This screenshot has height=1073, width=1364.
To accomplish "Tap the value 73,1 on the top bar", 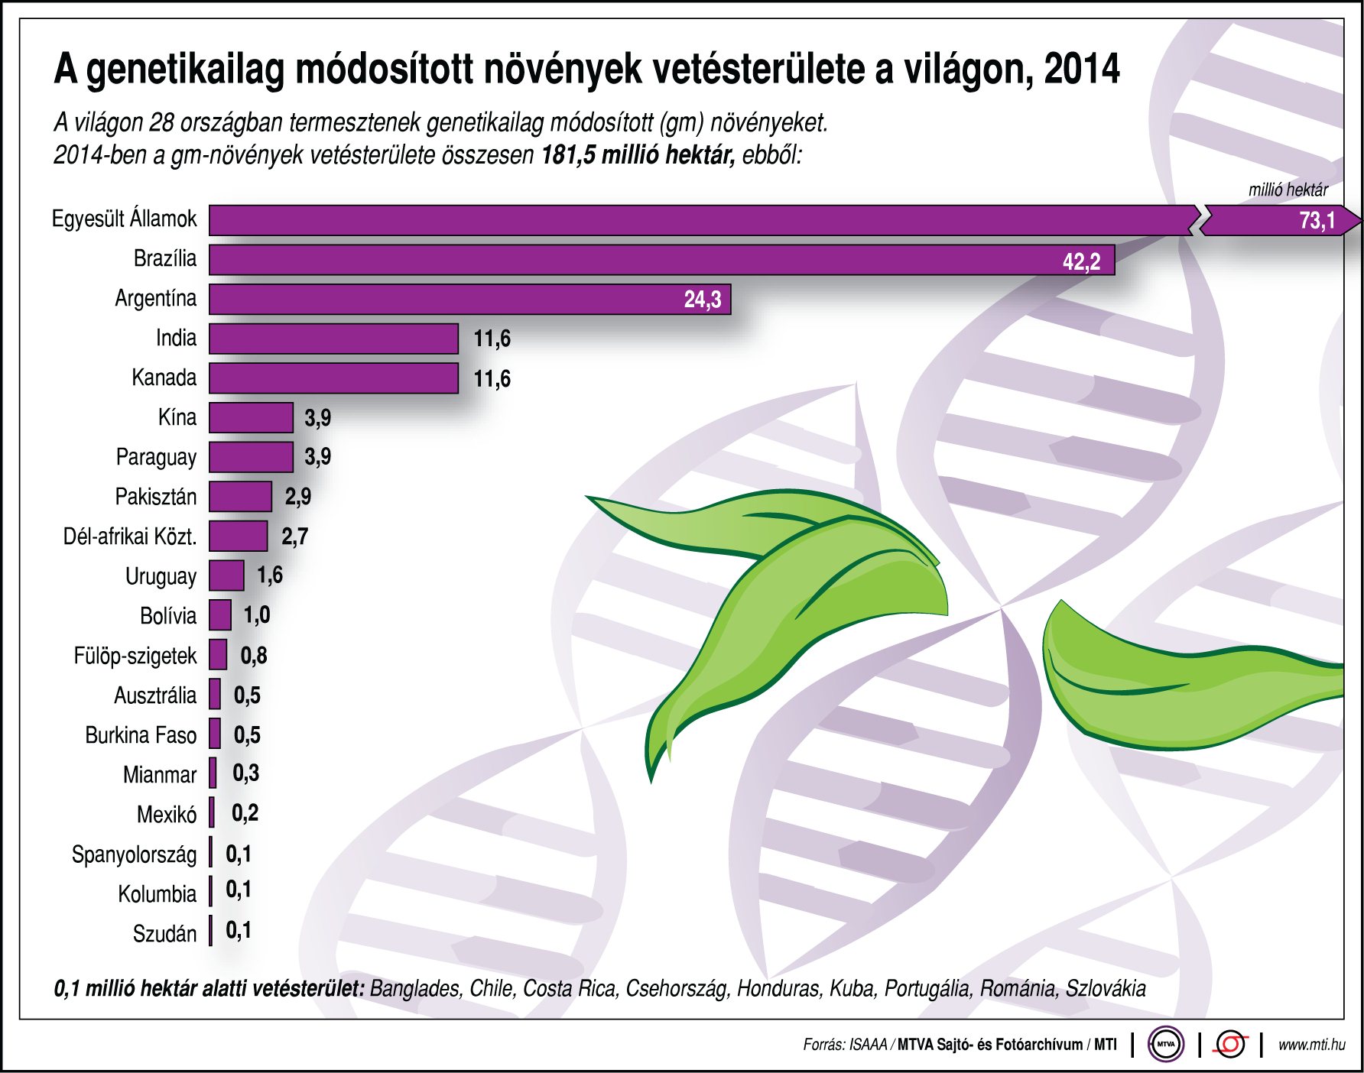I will click(1317, 221).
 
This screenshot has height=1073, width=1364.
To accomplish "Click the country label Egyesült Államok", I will click(124, 219).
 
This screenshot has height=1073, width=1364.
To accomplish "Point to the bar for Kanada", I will click(333, 378).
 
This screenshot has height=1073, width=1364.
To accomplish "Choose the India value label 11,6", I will click(492, 339).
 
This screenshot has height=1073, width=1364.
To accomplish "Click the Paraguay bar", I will click(251, 457).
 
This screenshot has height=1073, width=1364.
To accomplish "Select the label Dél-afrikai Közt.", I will click(130, 536).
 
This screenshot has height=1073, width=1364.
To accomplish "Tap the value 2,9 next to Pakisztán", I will click(298, 497).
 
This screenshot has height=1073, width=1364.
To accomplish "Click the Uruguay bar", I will click(226, 575).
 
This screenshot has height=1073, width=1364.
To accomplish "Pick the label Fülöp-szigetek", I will click(135, 656).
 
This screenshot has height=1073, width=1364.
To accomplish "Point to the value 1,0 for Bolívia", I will click(257, 615).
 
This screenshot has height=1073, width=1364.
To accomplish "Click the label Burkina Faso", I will click(141, 735).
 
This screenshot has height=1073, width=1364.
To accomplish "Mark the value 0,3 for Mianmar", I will click(245, 773).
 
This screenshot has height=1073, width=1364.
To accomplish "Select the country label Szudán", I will click(164, 934).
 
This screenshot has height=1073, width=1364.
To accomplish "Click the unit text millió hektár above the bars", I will click(1288, 190).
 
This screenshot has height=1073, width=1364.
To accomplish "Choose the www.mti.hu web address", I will click(1311, 1045).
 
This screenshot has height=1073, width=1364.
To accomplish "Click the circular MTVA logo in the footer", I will click(1165, 1044).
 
